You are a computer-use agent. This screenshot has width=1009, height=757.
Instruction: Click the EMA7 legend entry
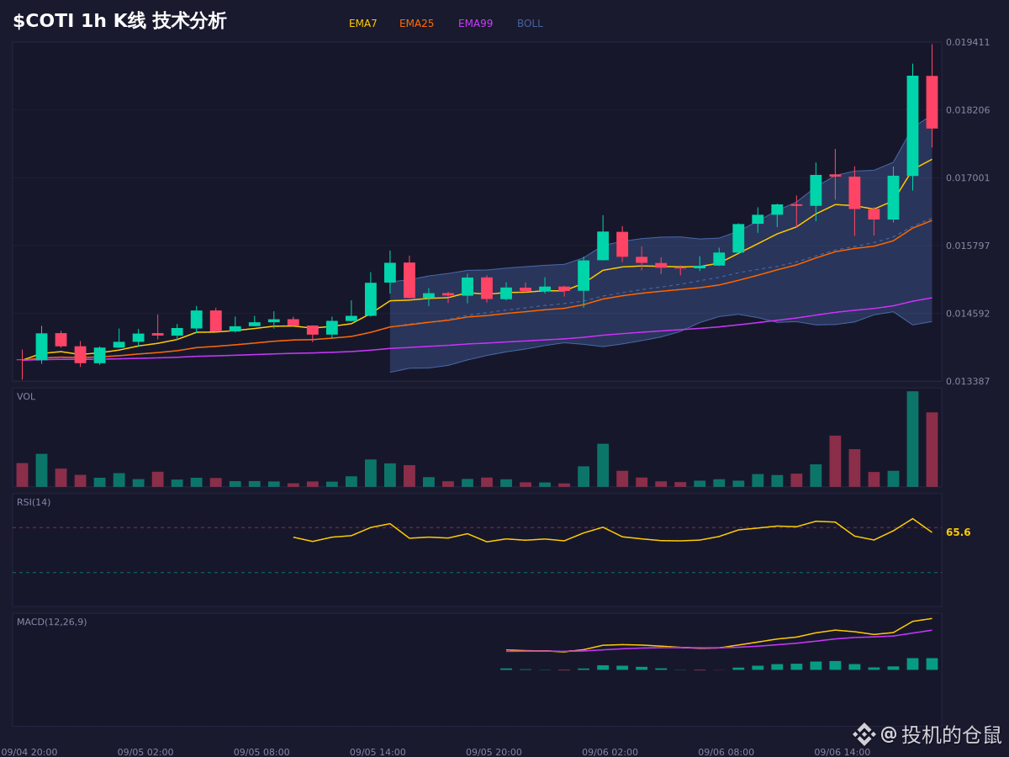pos(362,24)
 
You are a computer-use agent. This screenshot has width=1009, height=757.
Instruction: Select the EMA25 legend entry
pos(416,24)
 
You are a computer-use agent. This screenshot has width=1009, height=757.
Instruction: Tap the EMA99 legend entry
pos(475,24)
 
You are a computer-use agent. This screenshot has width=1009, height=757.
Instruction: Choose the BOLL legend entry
pos(530,24)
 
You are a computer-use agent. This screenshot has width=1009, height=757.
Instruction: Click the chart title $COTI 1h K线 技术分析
pos(119,21)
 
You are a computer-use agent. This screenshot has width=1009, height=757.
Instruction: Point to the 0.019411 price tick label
pos(968,42)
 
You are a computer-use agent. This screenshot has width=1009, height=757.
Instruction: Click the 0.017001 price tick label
pos(968,177)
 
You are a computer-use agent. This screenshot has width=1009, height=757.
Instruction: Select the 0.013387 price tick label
pos(968,381)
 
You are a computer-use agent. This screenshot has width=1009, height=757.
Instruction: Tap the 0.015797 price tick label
pos(968,246)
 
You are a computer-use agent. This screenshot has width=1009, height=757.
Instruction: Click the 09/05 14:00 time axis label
pos(378,752)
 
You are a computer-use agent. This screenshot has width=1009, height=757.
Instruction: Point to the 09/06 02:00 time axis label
pos(610,752)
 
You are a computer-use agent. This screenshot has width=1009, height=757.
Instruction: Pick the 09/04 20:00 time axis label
pos(29,752)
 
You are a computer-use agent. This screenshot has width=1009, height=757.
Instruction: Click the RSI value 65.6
pos(958,532)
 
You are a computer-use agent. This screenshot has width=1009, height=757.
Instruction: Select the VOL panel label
pos(26,397)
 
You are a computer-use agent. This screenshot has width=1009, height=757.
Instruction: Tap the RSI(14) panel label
pos(34,502)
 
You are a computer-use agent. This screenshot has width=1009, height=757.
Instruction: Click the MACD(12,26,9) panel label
pos(51,622)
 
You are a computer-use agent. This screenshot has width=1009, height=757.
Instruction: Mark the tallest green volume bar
pos(912,439)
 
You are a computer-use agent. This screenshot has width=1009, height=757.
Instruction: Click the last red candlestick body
pos(932,102)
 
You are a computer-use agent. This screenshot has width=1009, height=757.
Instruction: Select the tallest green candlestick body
pos(912,125)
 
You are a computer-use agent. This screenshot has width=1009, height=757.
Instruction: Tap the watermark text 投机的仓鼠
pos(951,735)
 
